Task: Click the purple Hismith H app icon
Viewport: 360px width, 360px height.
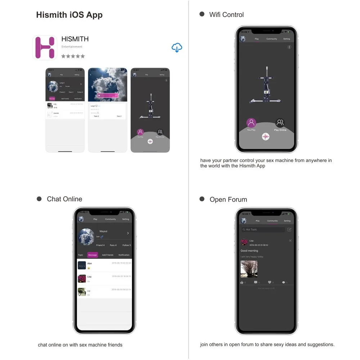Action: tap(45, 47)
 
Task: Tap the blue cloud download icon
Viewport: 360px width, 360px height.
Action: tap(177, 48)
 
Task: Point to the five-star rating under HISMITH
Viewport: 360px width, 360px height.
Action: tap(73, 56)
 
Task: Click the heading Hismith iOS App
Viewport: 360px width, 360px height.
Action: tap(69, 15)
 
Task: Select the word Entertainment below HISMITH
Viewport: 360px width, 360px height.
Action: tap(72, 47)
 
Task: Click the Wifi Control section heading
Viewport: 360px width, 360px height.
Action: tap(226, 15)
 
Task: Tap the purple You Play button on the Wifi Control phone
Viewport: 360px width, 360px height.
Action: tap(251, 123)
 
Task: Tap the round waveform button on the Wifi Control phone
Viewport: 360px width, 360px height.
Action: tap(266, 136)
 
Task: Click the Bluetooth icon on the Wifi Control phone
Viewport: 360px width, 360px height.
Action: tap(289, 47)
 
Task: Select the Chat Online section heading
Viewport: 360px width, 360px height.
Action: tap(64, 199)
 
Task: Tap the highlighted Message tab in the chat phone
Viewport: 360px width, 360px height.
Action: tap(93, 255)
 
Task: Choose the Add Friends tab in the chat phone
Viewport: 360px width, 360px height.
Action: tap(107, 255)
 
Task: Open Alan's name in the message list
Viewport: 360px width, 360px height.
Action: tap(90, 264)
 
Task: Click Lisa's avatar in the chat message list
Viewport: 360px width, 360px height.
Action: tap(82, 279)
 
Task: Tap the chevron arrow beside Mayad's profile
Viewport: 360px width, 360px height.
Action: tap(128, 233)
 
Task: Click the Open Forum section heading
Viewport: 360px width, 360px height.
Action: tap(228, 199)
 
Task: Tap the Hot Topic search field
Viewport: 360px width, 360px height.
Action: tap(263, 229)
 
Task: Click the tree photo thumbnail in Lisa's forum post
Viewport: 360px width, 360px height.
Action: tap(249, 269)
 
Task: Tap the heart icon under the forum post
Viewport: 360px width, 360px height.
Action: tap(269, 282)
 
